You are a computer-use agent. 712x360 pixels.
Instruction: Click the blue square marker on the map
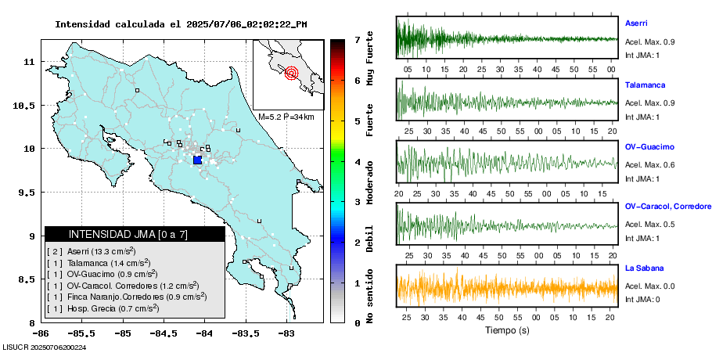coord(197,160)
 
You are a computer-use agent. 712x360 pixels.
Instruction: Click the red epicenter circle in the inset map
coord(292,74)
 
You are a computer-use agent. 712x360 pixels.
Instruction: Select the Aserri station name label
coord(636,23)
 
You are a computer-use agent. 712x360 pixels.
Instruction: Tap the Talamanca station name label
coord(643,84)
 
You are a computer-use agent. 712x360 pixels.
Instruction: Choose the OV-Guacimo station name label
coord(649,146)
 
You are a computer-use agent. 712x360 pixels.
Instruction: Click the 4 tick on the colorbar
coord(357,162)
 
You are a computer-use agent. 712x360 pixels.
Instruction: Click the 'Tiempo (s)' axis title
coord(507,330)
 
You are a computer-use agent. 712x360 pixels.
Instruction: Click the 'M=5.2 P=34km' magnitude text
coord(286,117)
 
